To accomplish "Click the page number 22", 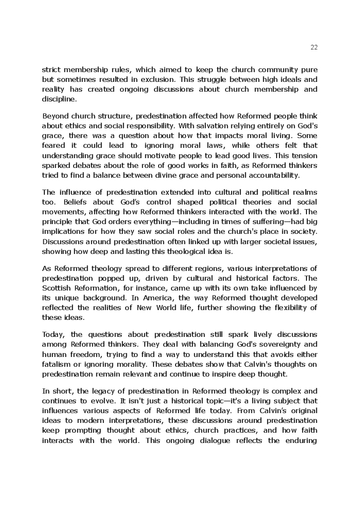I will [314, 47].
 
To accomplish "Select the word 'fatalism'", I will [57, 364].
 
